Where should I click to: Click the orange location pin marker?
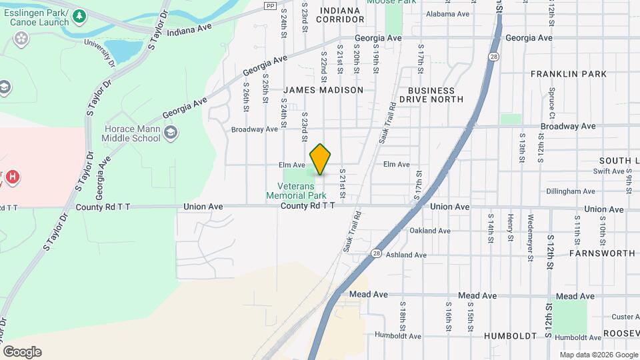click(x=321, y=159)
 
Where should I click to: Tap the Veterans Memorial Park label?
click(x=296, y=191)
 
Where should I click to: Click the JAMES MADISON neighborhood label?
click(x=323, y=90)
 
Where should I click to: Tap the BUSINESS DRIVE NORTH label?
click(x=431, y=95)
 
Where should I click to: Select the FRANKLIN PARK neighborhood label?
click(x=569, y=74)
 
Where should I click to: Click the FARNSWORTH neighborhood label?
click(x=602, y=253)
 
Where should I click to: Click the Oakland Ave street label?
click(x=430, y=231)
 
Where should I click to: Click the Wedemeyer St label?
click(x=531, y=227)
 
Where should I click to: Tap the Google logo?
click(x=22, y=352)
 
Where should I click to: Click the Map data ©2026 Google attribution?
click(x=599, y=355)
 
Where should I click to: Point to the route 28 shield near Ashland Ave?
click(x=376, y=253)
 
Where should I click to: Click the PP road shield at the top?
click(x=269, y=5)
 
